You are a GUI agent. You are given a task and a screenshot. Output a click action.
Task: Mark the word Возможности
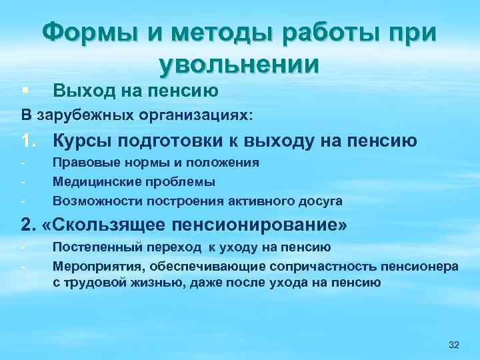tap(94, 200)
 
